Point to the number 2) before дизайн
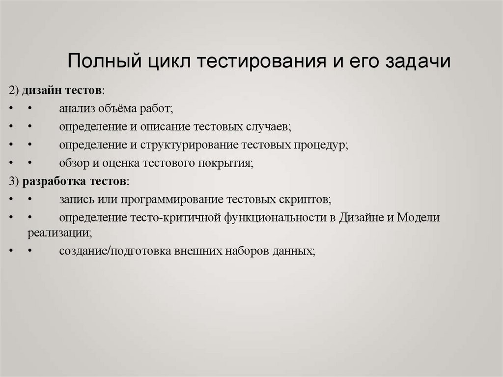pyautogui.click(x=13, y=91)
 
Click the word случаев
pyautogui.click(x=269, y=127)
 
